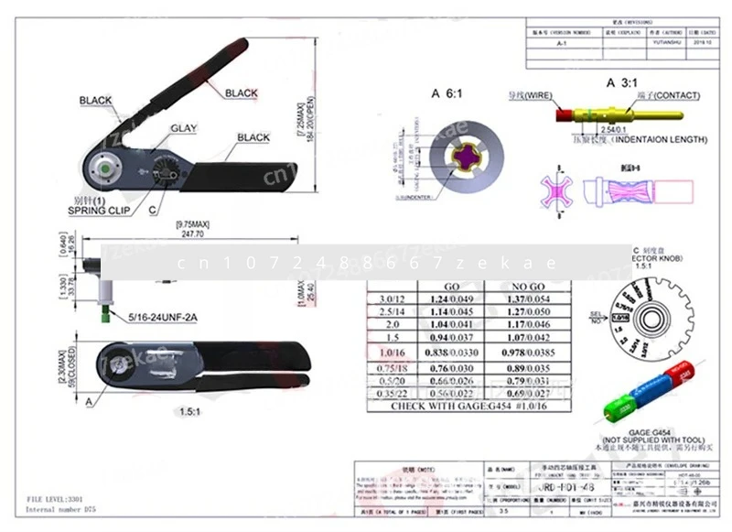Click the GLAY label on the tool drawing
point(183,129)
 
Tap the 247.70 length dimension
point(192,234)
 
